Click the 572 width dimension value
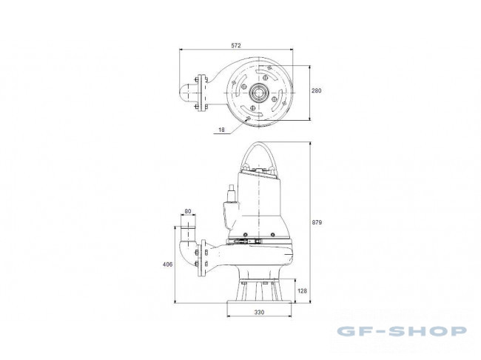[236, 45]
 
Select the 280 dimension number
[317, 90]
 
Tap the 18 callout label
[221, 130]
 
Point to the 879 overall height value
[317, 222]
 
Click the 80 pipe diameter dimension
[188, 211]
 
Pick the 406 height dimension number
[167, 264]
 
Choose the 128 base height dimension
[302, 290]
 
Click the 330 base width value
[259, 313]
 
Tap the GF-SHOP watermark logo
[402, 331]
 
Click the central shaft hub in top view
[259, 92]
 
